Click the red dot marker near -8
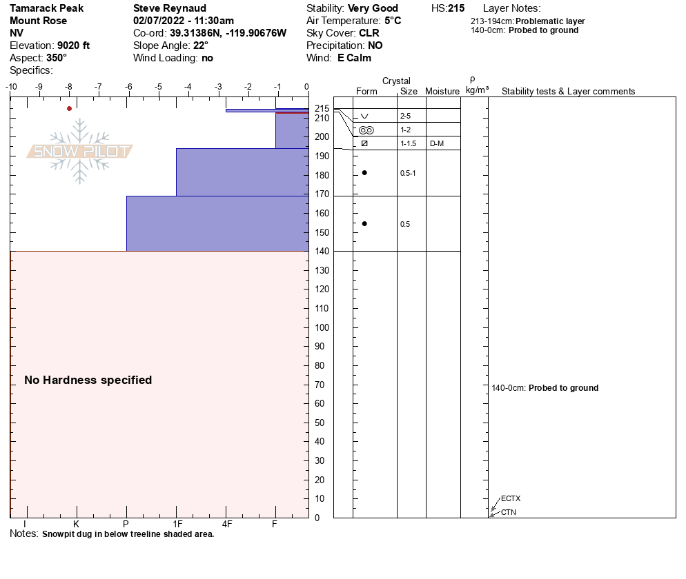[69, 108]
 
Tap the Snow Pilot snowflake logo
[80, 152]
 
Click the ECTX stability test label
[511, 498]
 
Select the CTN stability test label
[509, 512]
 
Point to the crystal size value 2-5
[405, 116]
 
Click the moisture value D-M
[436, 143]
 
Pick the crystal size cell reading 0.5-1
[408, 173]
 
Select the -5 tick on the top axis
[158, 87]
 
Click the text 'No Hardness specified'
[88, 380]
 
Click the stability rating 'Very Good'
[373, 8]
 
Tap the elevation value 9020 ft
[74, 45]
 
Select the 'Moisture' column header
[442, 91]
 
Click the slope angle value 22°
[201, 45]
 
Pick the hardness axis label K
[76, 525]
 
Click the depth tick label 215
[321, 109]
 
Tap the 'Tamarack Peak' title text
[47, 8]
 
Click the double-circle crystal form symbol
[366, 130]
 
